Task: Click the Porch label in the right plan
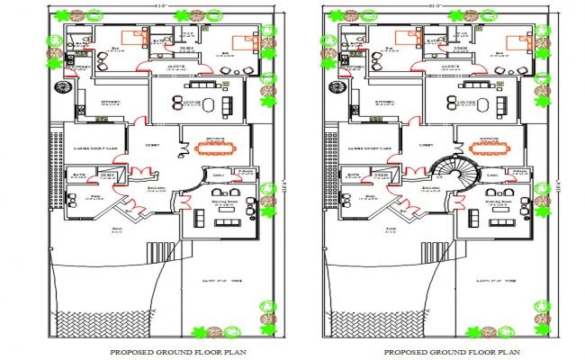[391, 229]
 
